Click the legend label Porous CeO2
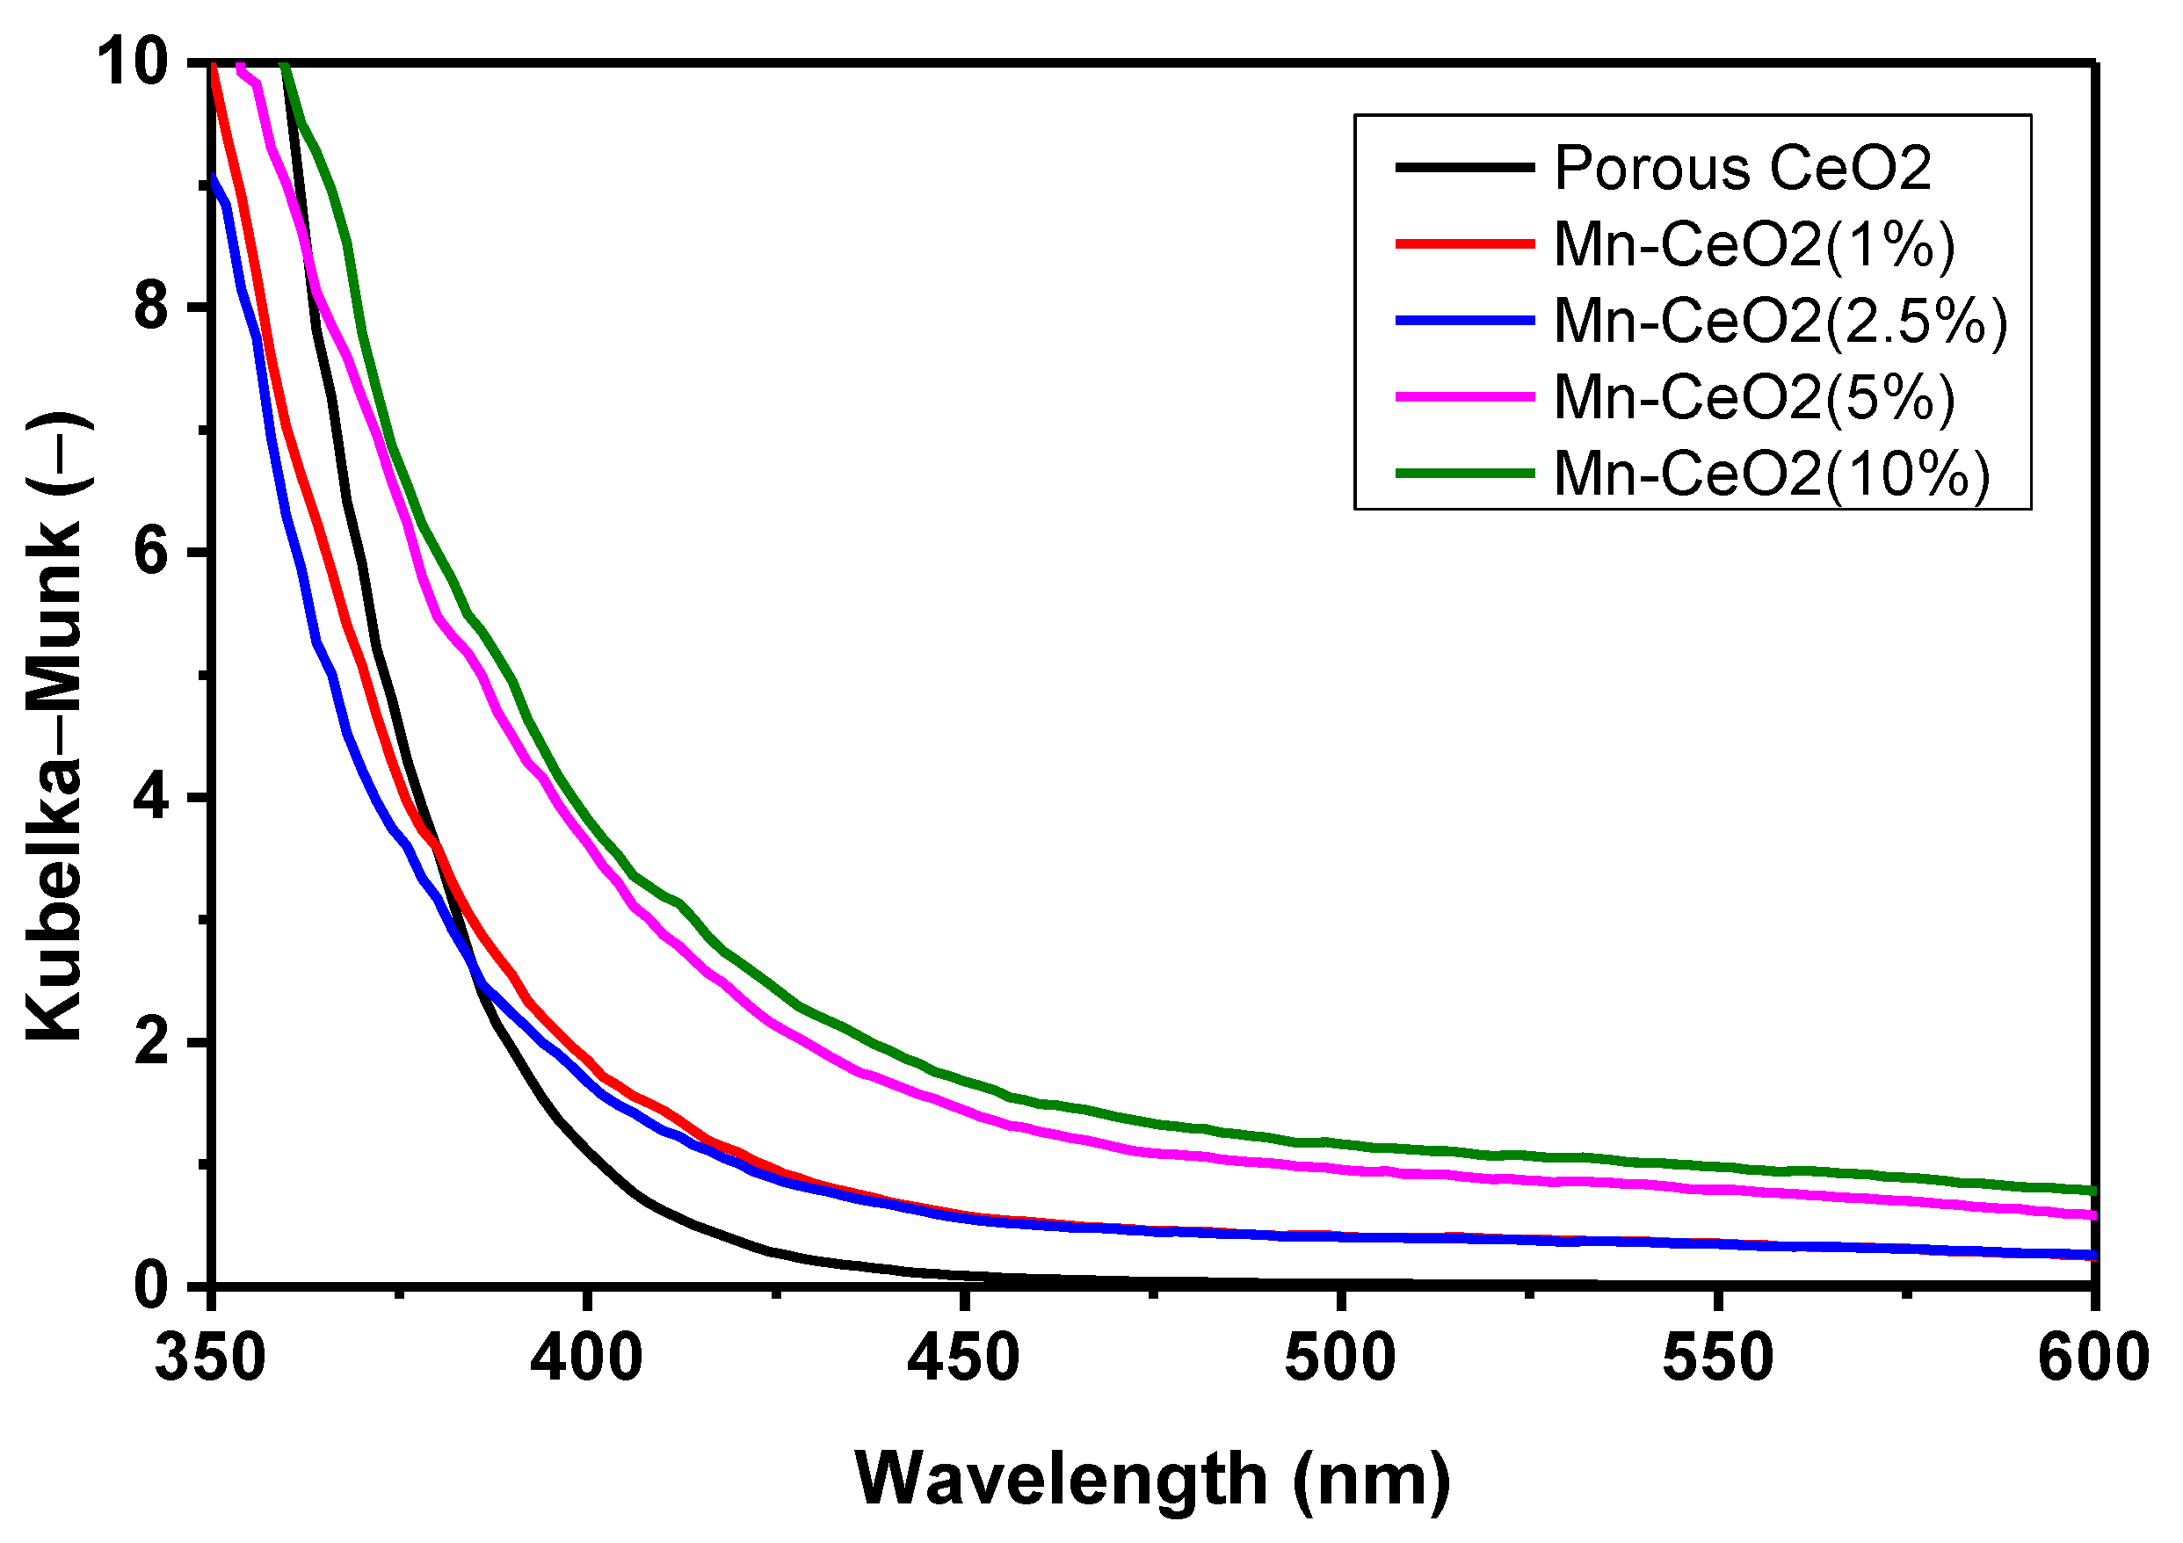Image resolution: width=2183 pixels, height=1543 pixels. [x=1742, y=169]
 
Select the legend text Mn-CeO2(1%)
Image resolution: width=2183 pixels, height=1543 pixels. [x=1754, y=244]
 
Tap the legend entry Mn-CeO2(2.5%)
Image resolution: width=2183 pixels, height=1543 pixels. [x=1780, y=321]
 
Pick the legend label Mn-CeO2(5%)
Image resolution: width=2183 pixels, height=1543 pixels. [x=1754, y=396]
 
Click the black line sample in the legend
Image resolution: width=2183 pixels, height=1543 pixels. [x=1464, y=167]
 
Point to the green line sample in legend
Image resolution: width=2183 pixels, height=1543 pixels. [x=1464, y=473]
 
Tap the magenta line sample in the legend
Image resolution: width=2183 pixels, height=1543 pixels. [x=1464, y=396]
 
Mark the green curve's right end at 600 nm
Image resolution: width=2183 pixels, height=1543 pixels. [x=2092, y=1191]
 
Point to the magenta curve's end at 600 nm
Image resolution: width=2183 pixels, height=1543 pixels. [x=2092, y=1215]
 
